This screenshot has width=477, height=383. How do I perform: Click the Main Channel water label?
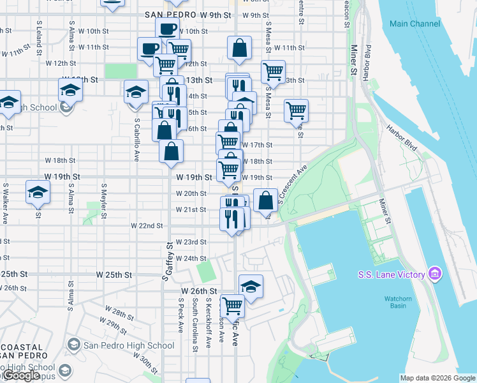415,24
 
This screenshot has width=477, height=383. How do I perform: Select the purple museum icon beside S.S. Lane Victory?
435,274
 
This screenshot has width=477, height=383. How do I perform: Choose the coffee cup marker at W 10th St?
167,29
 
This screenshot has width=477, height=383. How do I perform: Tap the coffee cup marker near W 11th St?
149,49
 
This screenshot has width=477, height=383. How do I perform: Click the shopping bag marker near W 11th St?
238,49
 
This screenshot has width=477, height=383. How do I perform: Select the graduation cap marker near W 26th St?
251,287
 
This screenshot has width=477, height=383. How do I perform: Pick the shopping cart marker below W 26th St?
232,306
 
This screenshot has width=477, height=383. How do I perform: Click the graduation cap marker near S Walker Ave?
38,192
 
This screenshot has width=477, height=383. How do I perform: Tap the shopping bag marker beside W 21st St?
265,200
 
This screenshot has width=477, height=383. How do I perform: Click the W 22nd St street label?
147,226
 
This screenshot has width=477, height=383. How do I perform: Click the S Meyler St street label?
103,199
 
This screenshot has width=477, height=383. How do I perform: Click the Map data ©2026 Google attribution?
437,377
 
